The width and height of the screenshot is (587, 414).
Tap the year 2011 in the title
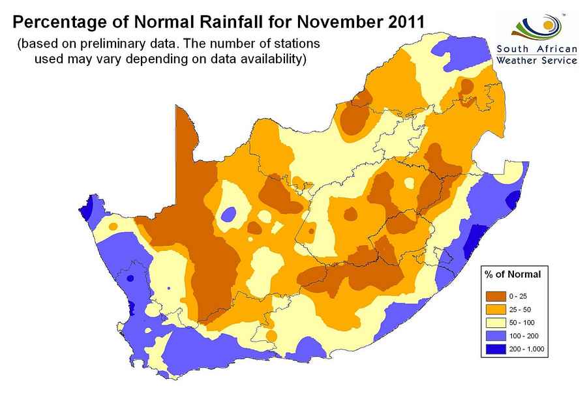[x=401, y=22]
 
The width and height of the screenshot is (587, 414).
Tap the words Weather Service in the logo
[x=536, y=60]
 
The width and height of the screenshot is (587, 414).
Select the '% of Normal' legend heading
[x=513, y=274]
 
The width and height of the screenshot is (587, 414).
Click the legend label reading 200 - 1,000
[x=529, y=349]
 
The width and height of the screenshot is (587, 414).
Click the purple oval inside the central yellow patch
[x=228, y=214]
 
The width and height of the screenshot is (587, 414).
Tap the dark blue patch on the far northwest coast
[x=87, y=209]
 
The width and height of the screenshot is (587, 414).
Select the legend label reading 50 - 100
[x=526, y=323]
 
